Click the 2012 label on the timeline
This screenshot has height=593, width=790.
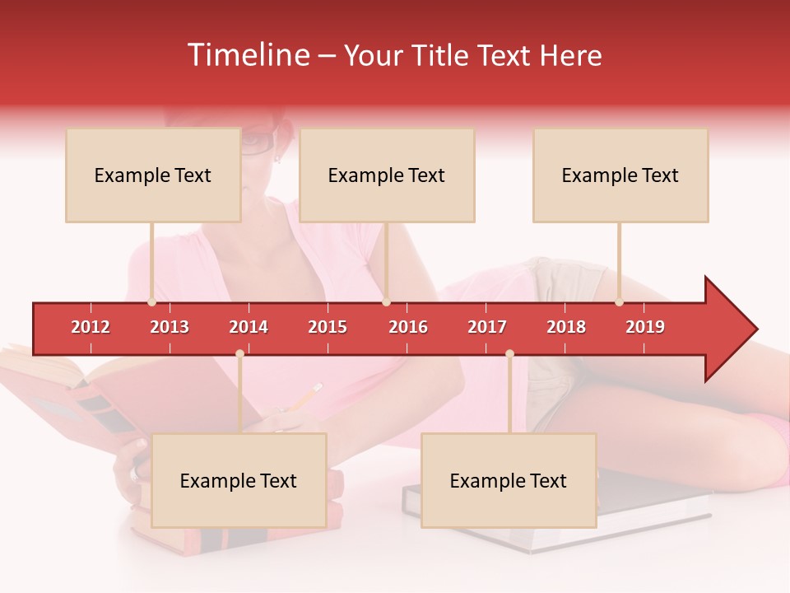point(91,327)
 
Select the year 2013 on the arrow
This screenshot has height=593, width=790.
point(170,327)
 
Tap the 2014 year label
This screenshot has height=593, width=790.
point(249,327)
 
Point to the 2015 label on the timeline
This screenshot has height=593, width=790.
point(328,327)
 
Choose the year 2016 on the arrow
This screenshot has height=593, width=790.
point(408,327)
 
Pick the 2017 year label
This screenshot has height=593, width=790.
point(487,327)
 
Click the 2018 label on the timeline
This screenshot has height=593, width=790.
point(566,327)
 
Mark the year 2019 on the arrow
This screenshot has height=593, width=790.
point(645,327)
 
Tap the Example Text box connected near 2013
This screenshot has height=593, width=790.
point(153,175)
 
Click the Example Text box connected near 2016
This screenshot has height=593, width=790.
point(387,175)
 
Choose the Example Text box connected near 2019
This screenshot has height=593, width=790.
point(620,175)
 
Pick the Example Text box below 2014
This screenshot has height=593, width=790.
point(239,480)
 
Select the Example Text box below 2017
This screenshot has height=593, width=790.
point(509,480)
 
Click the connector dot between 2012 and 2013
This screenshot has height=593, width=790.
point(151,302)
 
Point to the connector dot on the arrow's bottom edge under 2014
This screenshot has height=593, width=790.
point(239,354)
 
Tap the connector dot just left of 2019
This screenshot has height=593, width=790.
point(619,302)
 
